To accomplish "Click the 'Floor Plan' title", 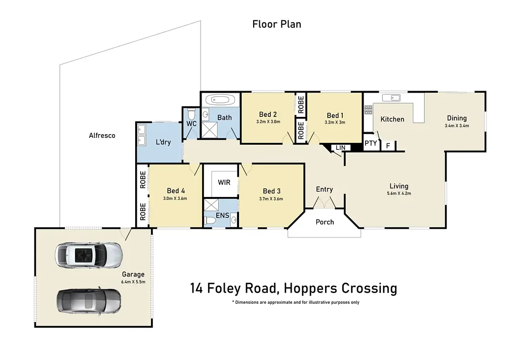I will (x=276, y=24).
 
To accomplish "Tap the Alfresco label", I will (x=102, y=135).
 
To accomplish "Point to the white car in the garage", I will (x=89, y=255).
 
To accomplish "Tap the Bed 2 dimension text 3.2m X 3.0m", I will (x=268, y=122).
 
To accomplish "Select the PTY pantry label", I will (x=371, y=143).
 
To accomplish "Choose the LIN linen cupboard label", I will (x=340, y=147).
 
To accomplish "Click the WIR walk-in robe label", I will (x=224, y=182).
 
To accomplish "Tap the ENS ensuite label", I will (x=222, y=216).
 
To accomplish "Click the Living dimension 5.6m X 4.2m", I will (x=399, y=193).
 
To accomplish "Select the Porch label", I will (x=325, y=222).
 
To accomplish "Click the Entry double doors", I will (x=324, y=203).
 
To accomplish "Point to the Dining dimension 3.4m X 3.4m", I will (x=456, y=126).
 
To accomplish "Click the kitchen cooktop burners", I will (x=368, y=110).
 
